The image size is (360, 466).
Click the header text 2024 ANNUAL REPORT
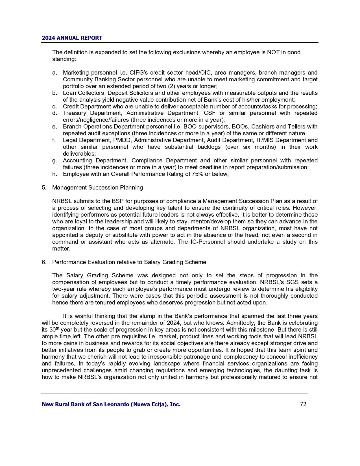(x=72, y=38)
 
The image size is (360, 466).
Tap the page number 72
(x=303, y=404)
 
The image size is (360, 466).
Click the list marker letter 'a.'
(x=54, y=73)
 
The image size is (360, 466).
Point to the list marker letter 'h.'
(x=54, y=174)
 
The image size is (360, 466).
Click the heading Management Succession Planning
(x=97, y=188)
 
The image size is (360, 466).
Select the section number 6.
(x=44, y=262)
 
